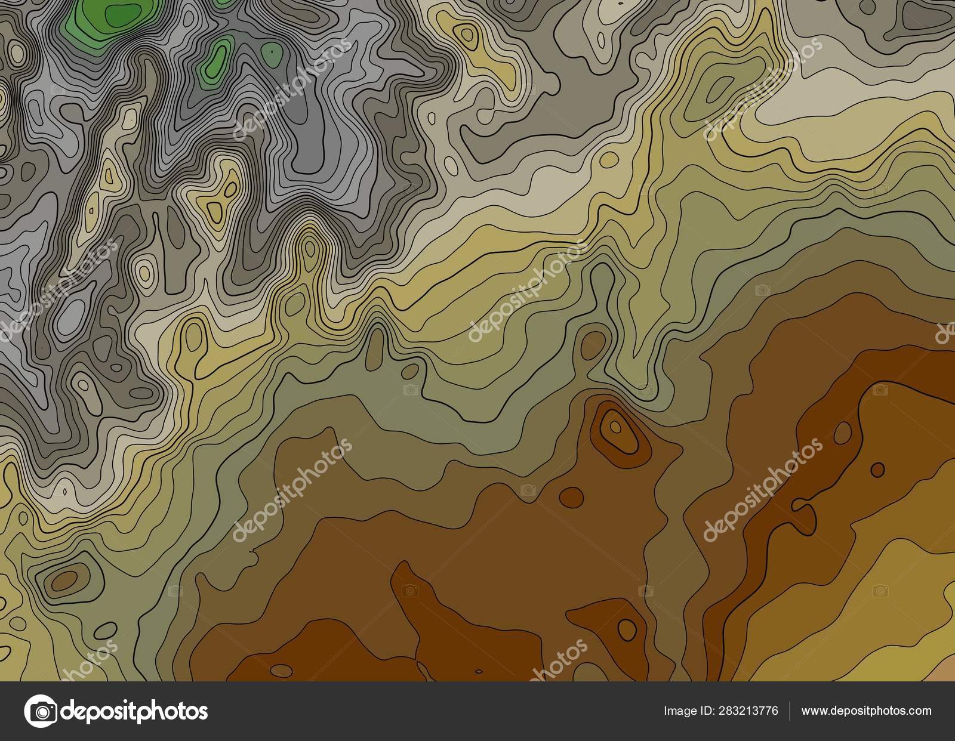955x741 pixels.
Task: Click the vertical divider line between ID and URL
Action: coord(790,711)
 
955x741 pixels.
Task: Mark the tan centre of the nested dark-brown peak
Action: coord(614,426)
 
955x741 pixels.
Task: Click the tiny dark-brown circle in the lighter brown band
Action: coord(877,468)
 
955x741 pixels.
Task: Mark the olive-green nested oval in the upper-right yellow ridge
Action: coord(716,89)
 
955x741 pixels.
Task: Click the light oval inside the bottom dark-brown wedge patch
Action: coord(627,627)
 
